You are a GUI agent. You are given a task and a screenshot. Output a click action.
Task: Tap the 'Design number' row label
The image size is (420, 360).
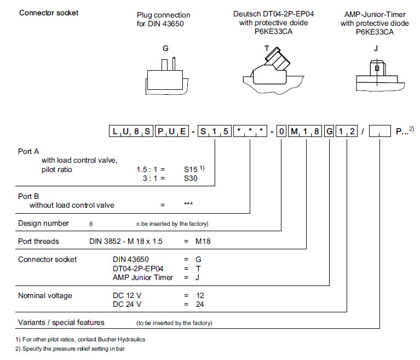click(x=44, y=223)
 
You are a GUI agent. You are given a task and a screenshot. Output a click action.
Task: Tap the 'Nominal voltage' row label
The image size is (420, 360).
click(x=45, y=295)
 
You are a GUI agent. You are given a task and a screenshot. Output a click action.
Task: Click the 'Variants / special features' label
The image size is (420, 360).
click(x=61, y=322)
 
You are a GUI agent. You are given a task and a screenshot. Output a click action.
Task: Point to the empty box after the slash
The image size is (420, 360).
click(x=379, y=131)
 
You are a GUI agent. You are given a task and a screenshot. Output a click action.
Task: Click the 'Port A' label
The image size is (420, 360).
click(x=28, y=151)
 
